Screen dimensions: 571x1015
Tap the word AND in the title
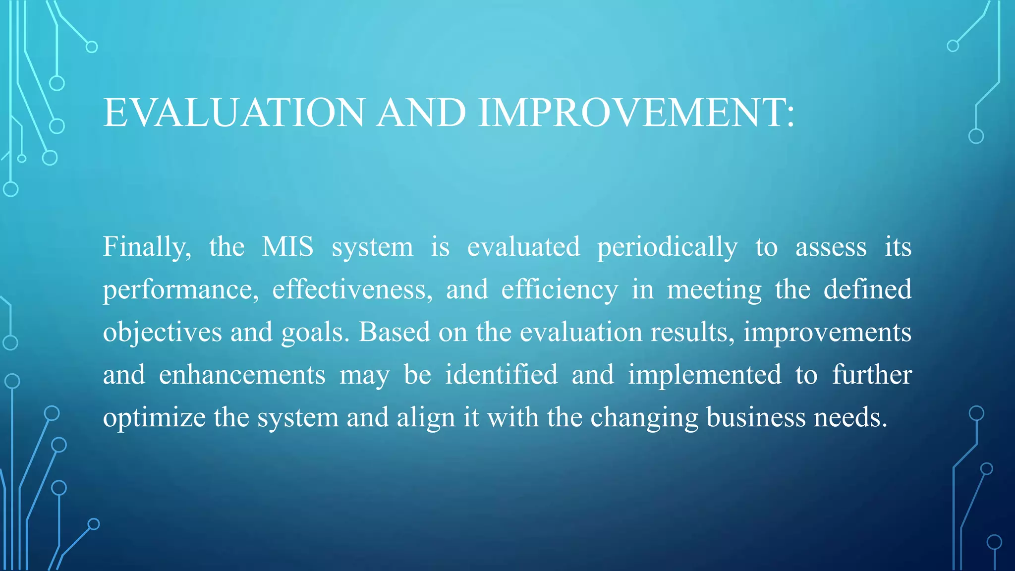coord(421,113)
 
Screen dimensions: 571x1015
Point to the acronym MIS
coord(287,246)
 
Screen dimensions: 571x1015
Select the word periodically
coord(667,247)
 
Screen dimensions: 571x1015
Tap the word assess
coord(831,247)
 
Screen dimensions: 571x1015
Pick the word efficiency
coord(560,290)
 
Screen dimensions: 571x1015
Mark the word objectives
coord(162,333)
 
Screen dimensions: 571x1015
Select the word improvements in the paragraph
coord(827,333)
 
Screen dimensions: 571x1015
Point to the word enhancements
coord(242,375)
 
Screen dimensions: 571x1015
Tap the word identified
coord(501,374)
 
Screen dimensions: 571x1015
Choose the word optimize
coord(154,418)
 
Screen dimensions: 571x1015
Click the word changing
coord(644,418)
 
